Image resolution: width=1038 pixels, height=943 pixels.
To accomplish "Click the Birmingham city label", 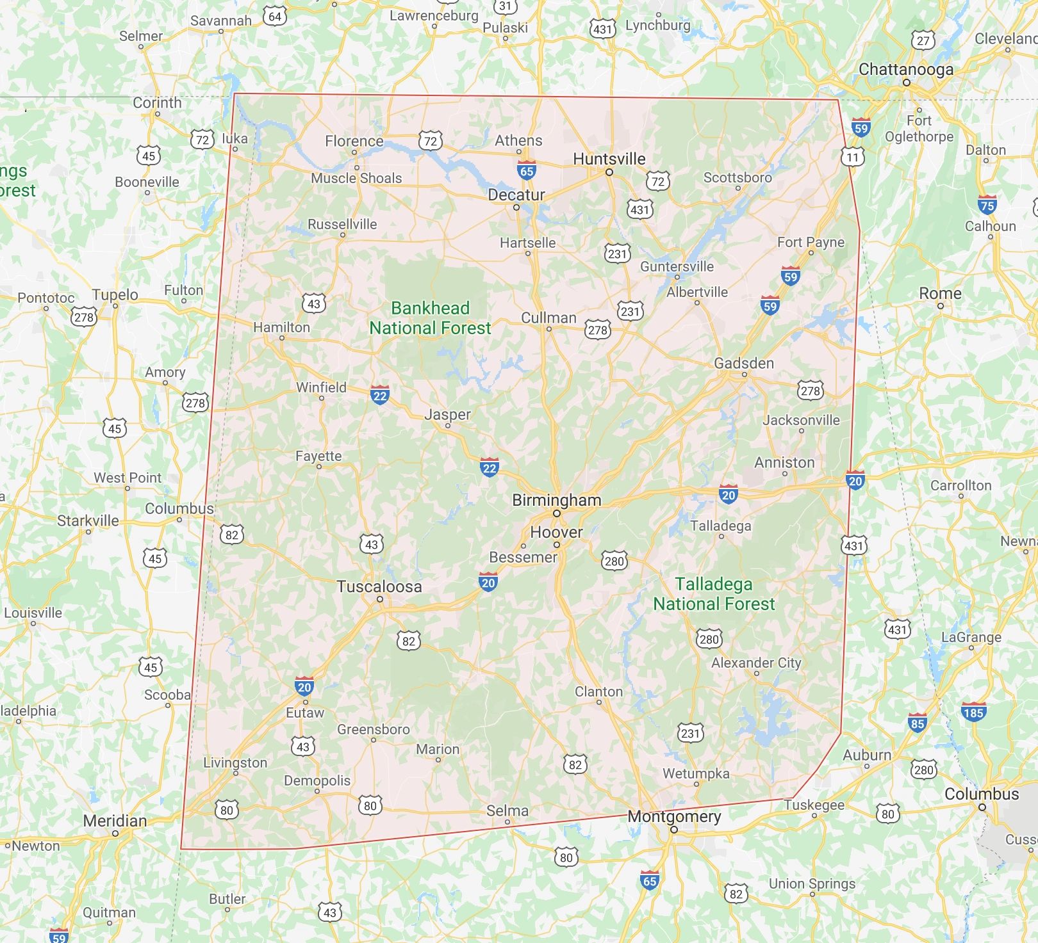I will [x=556, y=501].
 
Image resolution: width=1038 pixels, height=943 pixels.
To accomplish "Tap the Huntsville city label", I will [x=609, y=159].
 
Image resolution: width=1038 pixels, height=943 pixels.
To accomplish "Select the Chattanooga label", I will [x=905, y=69].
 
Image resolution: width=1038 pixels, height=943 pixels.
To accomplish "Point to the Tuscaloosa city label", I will [x=379, y=586].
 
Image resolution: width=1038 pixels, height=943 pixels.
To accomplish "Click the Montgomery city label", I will [x=674, y=816].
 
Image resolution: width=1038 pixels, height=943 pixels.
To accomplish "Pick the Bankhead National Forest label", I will [x=430, y=318].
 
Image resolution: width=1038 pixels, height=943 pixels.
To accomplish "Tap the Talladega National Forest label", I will [x=714, y=593].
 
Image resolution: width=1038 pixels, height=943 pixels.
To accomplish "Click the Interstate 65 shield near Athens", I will [x=527, y=170].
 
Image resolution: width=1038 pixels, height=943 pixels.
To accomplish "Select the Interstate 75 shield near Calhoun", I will [x=987, y=205].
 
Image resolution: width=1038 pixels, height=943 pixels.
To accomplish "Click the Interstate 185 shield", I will [x=973, y=712].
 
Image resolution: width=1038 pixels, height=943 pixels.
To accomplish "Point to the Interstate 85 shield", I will [x=917, y=723].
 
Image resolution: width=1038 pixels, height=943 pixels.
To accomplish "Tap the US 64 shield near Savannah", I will [x=275, y=16].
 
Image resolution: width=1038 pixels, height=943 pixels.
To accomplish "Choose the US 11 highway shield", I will [x=852, y=157].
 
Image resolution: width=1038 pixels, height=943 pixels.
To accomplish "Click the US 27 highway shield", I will [x=923, y=40].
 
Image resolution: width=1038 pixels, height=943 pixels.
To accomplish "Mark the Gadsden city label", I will [x=743, y=363].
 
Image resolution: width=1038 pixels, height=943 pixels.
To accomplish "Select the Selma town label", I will [x=507, y=810].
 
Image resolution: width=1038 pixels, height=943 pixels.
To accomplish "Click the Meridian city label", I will [x=115, y=821].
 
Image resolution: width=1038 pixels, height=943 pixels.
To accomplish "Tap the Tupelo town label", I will [x=115, y=294].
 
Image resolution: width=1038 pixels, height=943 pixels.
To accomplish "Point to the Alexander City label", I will [x=756, y=663].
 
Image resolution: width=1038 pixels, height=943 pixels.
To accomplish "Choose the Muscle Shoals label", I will [x=356, y=178].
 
